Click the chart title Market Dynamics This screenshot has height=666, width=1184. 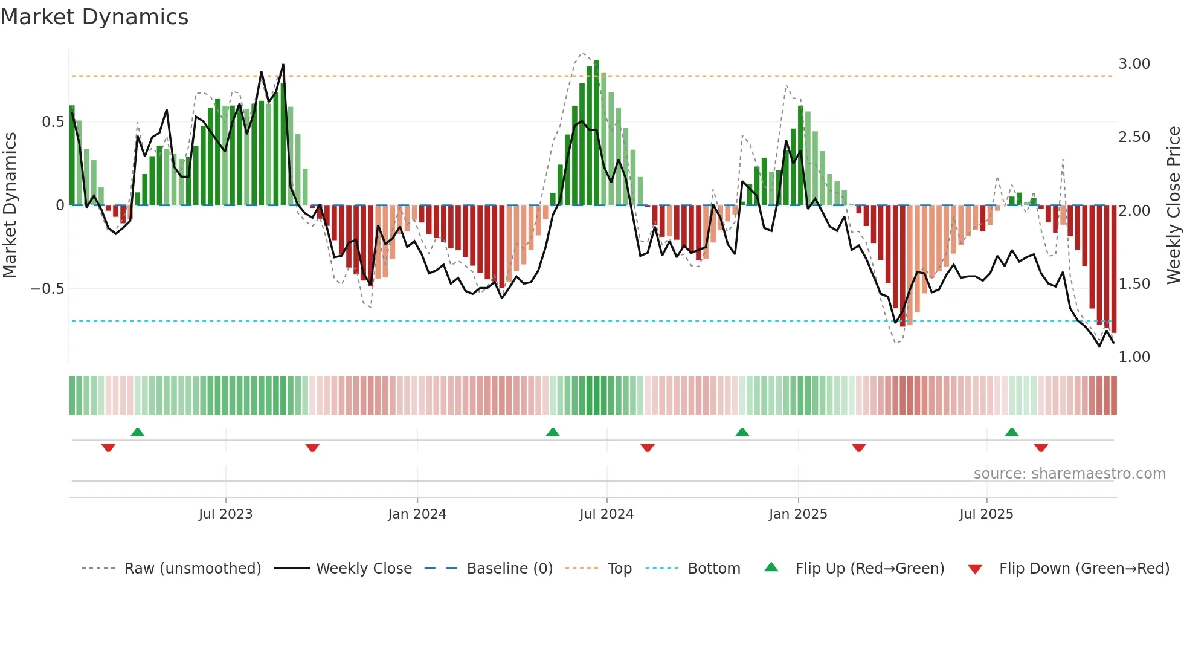[94, 17]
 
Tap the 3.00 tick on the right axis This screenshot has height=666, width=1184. [1134, 64]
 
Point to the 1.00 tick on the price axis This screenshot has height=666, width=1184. [1134, 357]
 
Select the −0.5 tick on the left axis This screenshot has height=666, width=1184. [47, 289]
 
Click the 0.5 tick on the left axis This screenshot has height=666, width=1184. [53, 122]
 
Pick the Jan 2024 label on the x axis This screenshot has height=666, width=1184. [417, 514]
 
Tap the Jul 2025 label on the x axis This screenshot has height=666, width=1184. [986, 514]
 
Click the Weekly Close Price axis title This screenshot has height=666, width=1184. [1173, 205]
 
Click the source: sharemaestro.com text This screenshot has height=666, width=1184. [1069, 474]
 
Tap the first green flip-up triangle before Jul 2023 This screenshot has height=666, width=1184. [138, 432]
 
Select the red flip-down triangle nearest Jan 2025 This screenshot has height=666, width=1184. [858, 448]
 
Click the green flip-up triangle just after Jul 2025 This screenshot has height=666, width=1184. [1012, 432]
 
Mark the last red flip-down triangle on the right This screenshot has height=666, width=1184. [1041, 448]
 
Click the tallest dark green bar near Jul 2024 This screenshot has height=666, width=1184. [596, 133]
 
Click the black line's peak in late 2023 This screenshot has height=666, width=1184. [283, 65]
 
